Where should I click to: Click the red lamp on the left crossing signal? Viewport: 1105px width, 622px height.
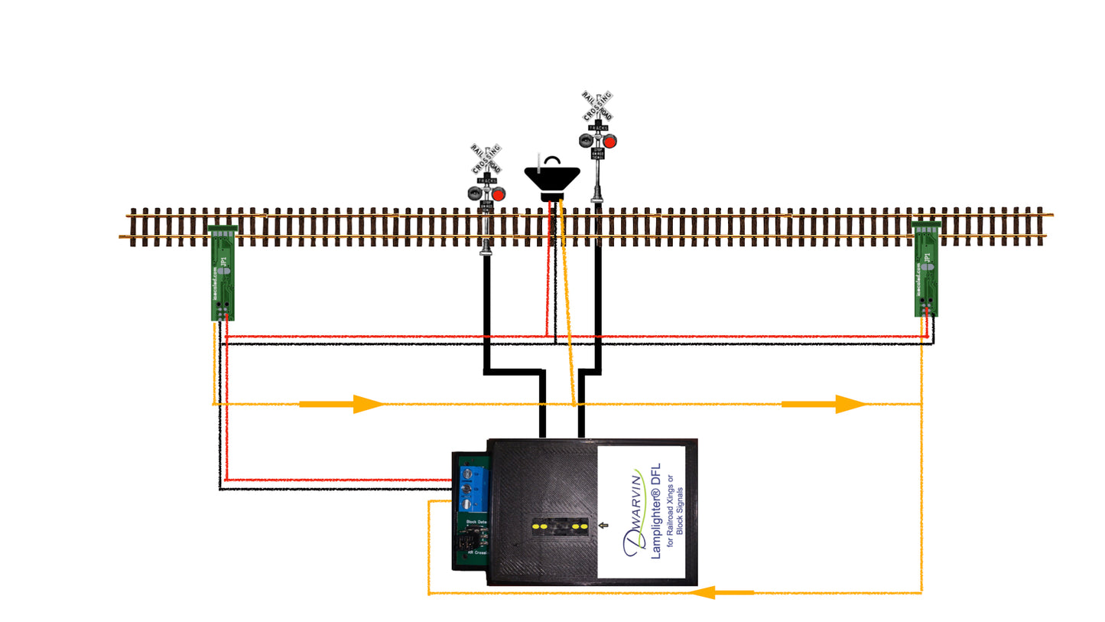click(x=498, y=194)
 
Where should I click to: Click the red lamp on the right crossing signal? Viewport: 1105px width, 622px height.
click(x=609, y=142)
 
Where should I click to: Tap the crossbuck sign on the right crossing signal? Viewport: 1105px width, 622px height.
click(x=597, y=106)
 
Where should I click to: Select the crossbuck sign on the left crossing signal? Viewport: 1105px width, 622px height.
click(x=486, y=158)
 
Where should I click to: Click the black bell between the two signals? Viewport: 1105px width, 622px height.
click(x=551, y=177)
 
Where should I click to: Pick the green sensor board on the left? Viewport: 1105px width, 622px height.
click(x=223, y=273)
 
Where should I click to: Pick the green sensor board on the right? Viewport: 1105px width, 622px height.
click(x=926, y=269)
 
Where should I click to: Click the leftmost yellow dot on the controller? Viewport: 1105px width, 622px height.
click(x=536, y=526)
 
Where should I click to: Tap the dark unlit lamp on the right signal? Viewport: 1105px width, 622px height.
click(x=587, y=141)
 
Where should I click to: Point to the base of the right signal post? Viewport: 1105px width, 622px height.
click(x=597, y=200)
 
